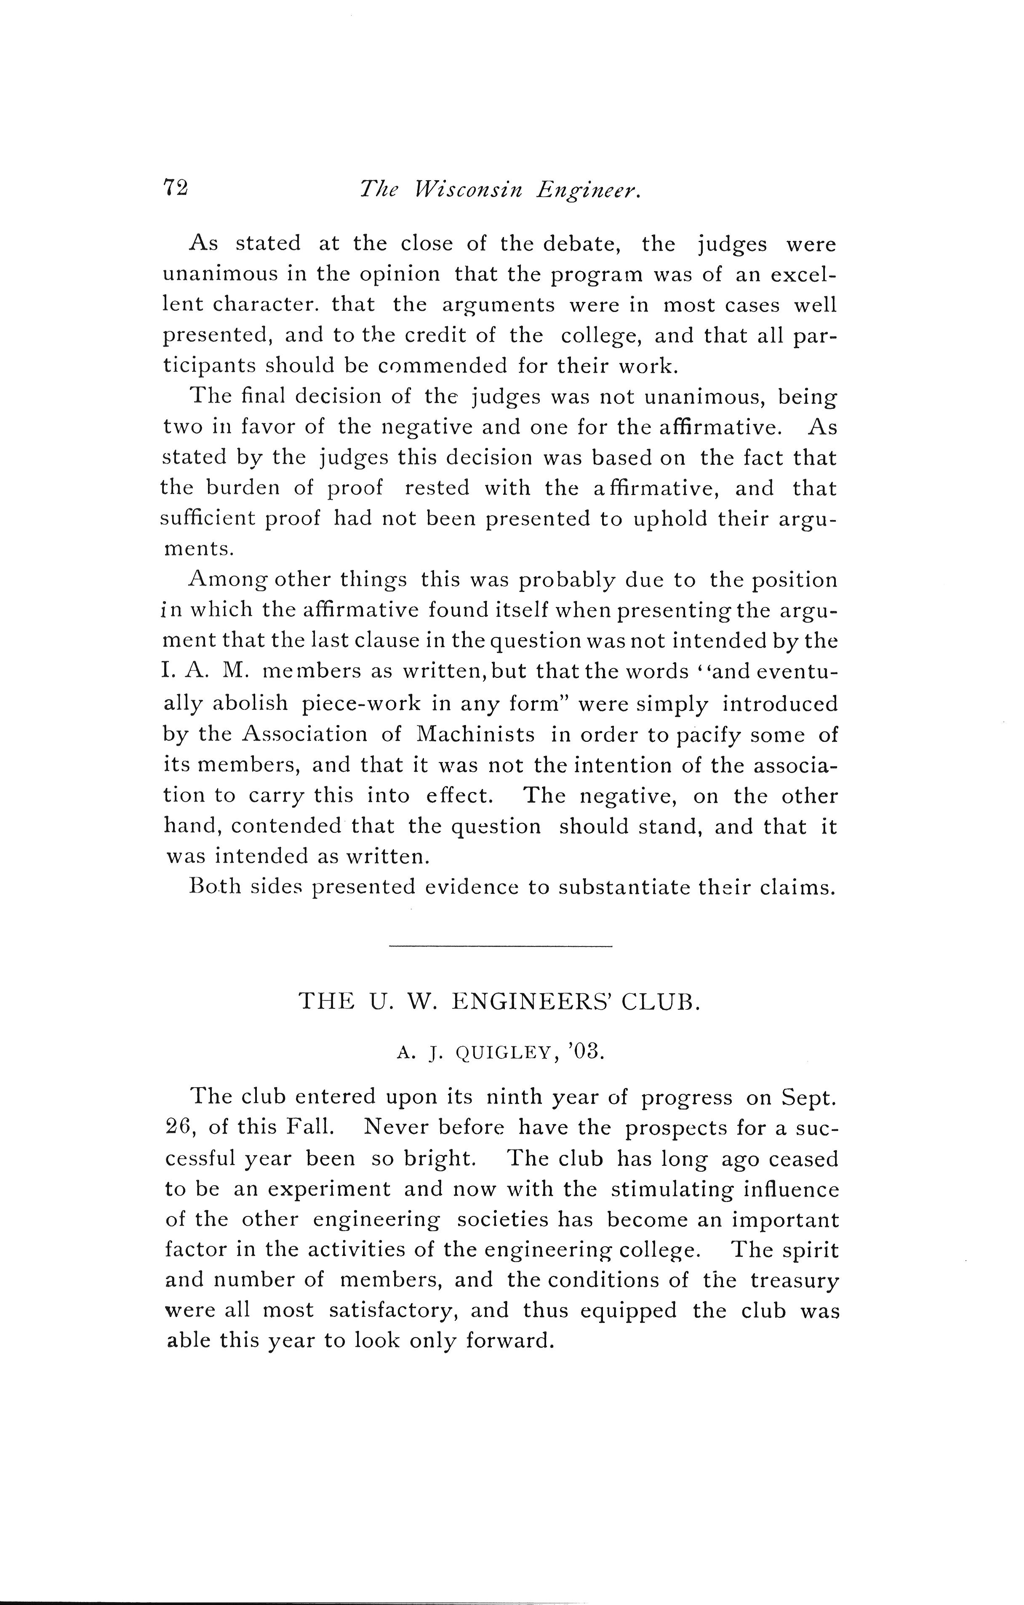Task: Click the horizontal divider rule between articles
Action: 500,946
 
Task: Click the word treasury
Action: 794,1280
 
